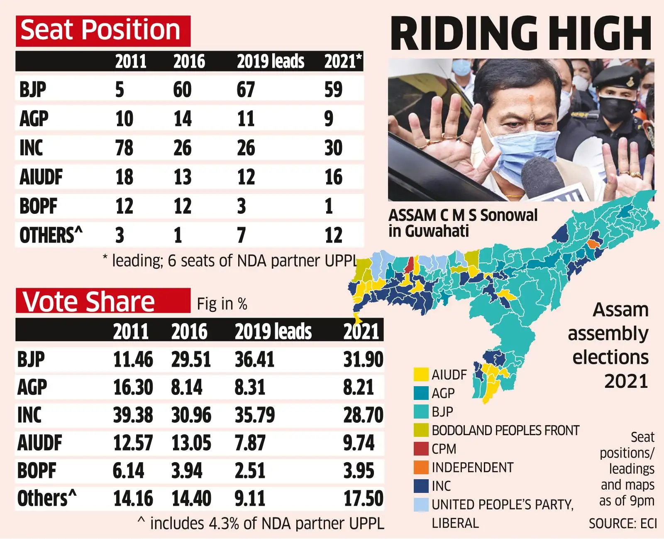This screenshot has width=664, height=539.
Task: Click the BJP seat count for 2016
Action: point(182,90)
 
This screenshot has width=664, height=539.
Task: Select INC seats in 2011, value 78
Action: point(124,148)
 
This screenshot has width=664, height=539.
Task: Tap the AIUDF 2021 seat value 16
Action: point(333,177)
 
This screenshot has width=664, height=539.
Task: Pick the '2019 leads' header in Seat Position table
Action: point(270,61)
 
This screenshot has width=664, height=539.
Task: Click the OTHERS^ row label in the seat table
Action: point(51,235)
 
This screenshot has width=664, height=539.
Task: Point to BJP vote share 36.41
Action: point(254,360)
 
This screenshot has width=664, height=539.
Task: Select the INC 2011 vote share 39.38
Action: point(133,415)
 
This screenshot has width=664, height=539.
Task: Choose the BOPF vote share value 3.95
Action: point(359,471)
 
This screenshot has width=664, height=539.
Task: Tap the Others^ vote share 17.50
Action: point(363,499)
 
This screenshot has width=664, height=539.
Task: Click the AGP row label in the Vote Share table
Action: point(32,387)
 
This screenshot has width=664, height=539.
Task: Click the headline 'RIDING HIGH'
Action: point(521,34)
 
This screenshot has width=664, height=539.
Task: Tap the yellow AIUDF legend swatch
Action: point(421,375)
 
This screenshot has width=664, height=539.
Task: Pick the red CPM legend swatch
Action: point(421,449)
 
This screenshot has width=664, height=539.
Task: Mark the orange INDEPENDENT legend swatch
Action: point(421,468)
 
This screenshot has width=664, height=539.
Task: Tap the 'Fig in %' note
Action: point(222,304)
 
